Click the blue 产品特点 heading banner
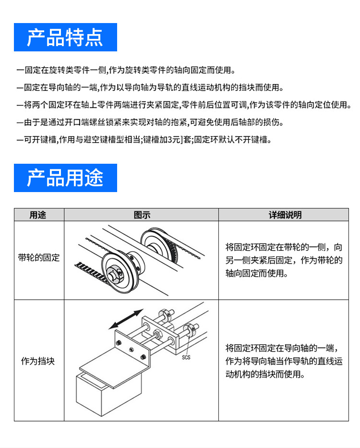coord(65,37)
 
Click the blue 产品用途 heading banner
coord(65,178)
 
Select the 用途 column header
coord(38,215)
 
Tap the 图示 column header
coord(142,215)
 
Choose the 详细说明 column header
coord(284,215)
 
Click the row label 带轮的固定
coord(39,258)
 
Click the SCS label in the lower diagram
coord(186,357)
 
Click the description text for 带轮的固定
coord(284,260)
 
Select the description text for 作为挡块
coord(284,361)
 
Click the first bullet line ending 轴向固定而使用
coord(126,71)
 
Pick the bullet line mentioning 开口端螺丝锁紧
coord(149,123)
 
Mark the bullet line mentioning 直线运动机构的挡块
coord(149,88)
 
